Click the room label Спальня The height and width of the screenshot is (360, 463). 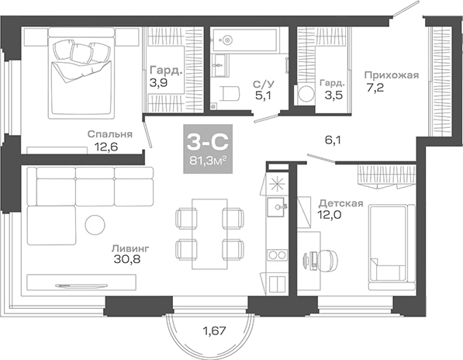(109, 133)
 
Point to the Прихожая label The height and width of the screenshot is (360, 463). (392, 75)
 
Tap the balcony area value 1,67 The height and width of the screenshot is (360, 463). (215, 334)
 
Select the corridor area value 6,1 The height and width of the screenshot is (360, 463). (333, 140)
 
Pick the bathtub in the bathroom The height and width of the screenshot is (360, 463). (248, 39)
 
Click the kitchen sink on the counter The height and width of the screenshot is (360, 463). (275, 206)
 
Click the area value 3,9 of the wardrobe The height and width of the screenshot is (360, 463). (157, 81)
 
